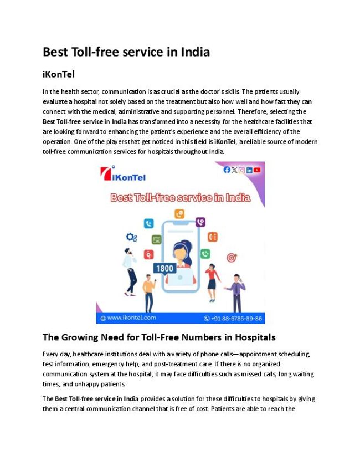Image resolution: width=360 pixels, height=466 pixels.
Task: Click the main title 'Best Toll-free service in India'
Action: click(126, 52)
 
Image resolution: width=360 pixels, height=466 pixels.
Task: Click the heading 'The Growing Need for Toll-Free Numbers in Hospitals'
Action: click(159, 337)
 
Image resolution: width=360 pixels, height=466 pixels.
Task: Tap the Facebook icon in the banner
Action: click(227, 170)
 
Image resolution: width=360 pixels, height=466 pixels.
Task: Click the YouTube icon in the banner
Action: click(257, 170)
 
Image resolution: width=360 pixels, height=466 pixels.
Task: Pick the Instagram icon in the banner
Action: click(242, 170)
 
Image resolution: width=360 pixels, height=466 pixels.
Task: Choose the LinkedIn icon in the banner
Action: click(249, 170)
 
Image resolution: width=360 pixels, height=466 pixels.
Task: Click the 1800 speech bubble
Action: click(164, 268)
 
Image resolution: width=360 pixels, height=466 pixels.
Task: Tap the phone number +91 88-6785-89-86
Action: click(233, 318)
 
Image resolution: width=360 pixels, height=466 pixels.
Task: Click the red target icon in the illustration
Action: click(232, 258)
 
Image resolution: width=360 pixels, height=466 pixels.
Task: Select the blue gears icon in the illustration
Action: click(131, 237)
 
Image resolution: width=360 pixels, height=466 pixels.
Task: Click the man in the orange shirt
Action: click(148, 291)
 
